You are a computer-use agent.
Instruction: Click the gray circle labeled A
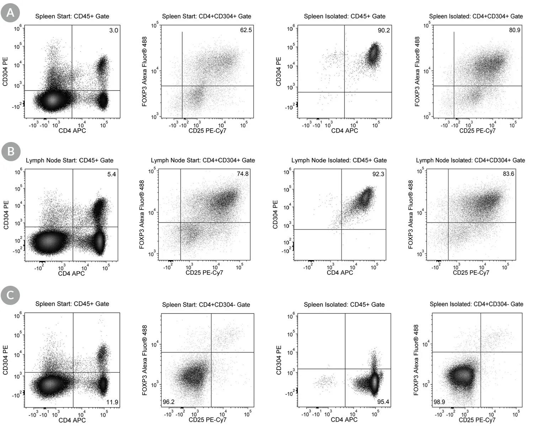pos(10,13)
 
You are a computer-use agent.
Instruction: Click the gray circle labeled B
pos(11,152)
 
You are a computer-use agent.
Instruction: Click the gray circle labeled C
pos(10,295)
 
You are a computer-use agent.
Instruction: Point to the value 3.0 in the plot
pos(113,31)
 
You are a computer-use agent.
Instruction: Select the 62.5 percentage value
pos(246,30)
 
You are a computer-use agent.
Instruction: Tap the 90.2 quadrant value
pos(384,31)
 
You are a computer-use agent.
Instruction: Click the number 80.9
pos(514,30)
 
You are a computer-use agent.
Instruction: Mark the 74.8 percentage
pos(243,174)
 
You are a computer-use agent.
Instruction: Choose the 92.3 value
pos(378,174)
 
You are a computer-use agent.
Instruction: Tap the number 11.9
pos(112,402)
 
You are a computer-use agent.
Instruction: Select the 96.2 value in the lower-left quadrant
pos(168,402)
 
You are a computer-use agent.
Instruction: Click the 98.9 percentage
pos(439,402)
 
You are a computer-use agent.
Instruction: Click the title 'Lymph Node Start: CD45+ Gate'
pos(70,160)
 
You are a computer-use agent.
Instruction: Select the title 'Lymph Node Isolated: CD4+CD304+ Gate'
pos(470,160)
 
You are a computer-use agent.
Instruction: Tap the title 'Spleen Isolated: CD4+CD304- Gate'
pos(476,304)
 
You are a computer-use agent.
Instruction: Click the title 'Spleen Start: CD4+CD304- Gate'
pos(206,305)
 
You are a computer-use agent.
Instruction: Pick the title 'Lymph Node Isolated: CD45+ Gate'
pos(339,160)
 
